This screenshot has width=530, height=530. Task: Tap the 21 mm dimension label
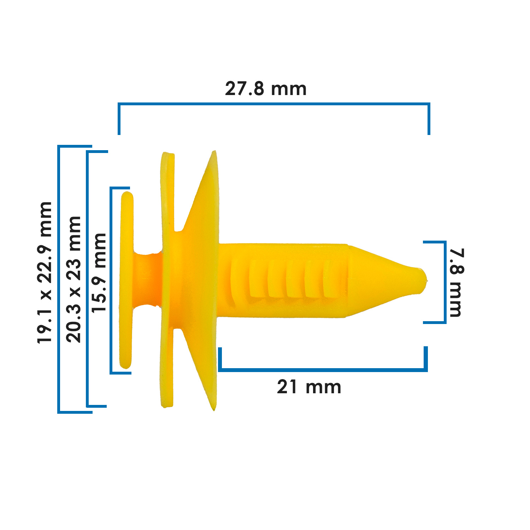[309, 387]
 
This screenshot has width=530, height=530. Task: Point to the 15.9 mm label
[99, 272]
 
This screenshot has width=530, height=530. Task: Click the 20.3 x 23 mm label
[73, 279]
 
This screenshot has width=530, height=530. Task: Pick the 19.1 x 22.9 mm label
[45, 272]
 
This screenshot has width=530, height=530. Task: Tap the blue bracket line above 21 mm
[323, 370]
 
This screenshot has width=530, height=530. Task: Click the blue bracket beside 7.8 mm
[445, 282]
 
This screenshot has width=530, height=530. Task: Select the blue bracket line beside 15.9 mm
[111, 280]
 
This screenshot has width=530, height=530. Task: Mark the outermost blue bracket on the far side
[59, 279]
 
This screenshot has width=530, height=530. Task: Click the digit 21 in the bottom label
[287, 387]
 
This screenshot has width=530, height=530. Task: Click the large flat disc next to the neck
[167, 279]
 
